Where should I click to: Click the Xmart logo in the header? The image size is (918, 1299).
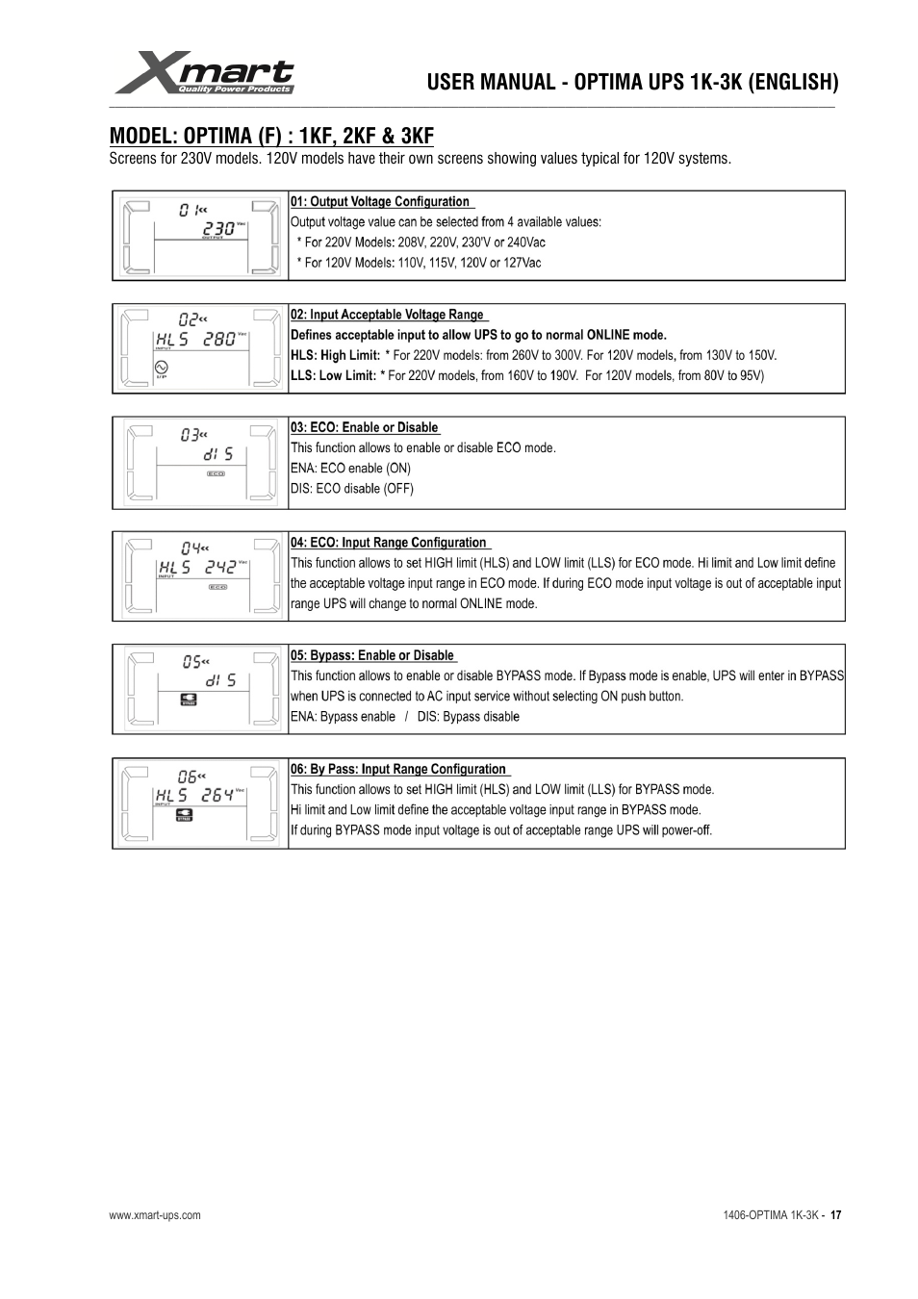(204, 73)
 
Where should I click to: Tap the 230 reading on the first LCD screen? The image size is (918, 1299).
(218, 229)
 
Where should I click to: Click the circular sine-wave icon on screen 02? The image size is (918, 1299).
(161, 367)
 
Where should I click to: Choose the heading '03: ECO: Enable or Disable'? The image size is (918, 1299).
(364, 427)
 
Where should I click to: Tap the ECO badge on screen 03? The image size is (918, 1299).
(217, 473)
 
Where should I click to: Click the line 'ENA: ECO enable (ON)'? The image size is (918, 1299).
(350, 469)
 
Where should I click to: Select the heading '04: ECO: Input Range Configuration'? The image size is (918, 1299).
(389, 543)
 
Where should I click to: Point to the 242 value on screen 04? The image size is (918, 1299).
(219, 568)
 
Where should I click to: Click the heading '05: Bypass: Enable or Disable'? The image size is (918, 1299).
(371, 655)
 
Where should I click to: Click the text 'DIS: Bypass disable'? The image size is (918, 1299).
(468, 717)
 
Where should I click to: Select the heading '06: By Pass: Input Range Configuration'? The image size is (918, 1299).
(398, 769)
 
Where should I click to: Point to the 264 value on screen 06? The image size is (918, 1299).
(217, 796)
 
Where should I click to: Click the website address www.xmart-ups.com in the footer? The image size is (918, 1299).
(155, 1215)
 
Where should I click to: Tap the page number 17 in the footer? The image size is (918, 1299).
(835, 1215)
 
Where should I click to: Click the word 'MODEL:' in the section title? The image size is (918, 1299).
(142, 136)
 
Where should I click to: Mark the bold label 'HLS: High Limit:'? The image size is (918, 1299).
(335, 356)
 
